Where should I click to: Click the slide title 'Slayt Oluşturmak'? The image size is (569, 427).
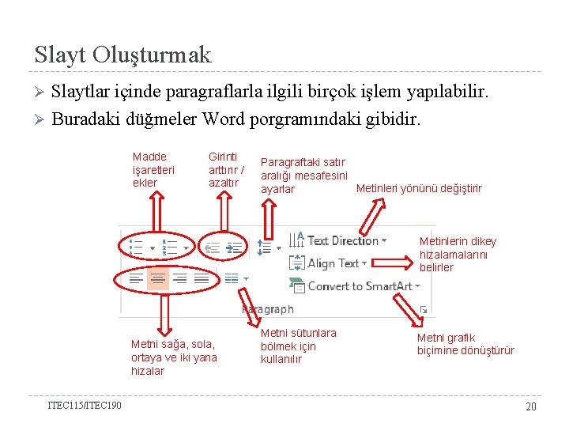coord(123,55)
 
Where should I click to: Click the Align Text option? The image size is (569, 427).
coord(332,263)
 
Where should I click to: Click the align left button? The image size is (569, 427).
coord(136,278)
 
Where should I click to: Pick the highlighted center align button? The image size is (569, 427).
coord(158,278)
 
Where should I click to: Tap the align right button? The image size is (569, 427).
coord(180,278)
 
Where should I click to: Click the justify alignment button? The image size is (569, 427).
coord(202,278)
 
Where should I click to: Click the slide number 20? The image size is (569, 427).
coord(531,406)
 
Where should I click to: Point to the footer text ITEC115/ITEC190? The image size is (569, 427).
coord(85,406)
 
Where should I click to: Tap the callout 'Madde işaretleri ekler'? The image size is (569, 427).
coord(153,170)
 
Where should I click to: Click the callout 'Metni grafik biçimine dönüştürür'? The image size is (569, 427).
coord(465,344)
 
